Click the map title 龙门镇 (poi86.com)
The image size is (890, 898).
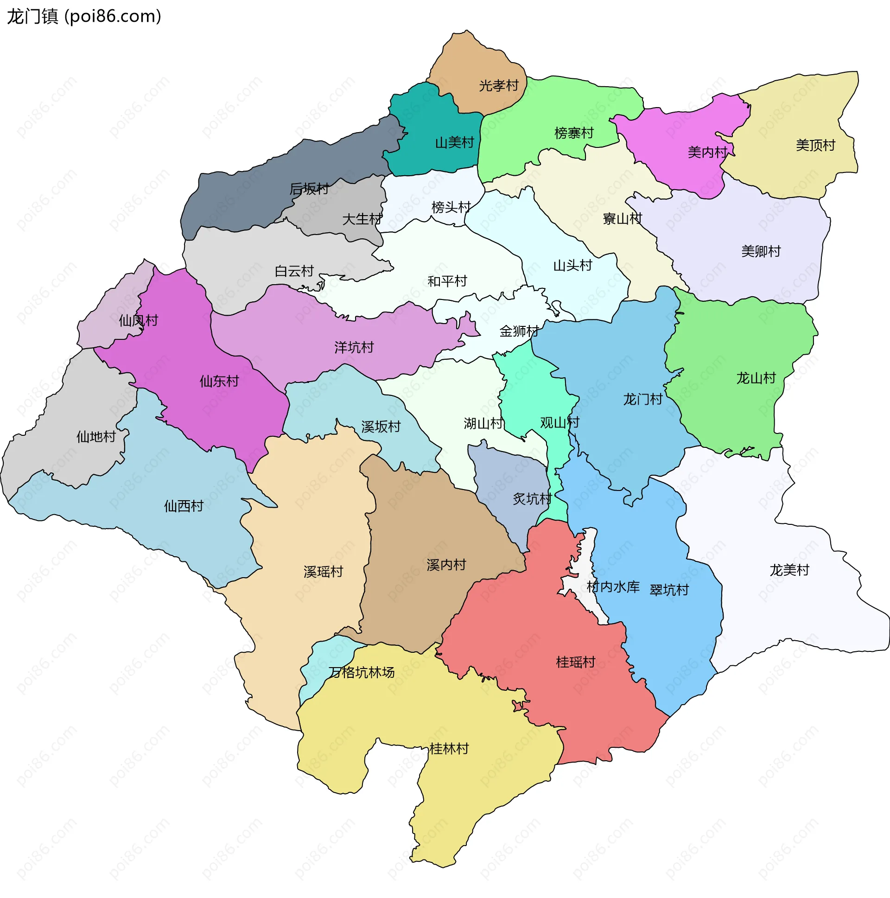click(83, 17)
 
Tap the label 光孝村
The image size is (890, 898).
click(498, 86)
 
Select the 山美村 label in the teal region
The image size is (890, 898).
click(454, 143)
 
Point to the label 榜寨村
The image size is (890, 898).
click(573, 134)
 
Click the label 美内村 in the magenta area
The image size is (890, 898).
click(707, 152)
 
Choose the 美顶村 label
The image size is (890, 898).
click(815, 146)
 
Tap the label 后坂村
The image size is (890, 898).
click(309, 189)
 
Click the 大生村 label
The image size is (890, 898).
click(362, 219)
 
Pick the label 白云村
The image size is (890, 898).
click(294, 271)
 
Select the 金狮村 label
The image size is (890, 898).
click(519, 331)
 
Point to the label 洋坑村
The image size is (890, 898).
click(354, 347)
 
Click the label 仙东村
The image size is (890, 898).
click(219, 382)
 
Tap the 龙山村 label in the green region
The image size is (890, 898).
click(756, 378)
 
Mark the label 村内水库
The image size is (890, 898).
click(612, 587)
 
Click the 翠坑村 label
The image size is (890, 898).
click(669, 590)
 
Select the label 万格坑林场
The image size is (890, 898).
click(362, 673)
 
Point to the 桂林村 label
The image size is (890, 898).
click(449, 749)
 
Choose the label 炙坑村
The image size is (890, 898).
click(532, 499)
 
